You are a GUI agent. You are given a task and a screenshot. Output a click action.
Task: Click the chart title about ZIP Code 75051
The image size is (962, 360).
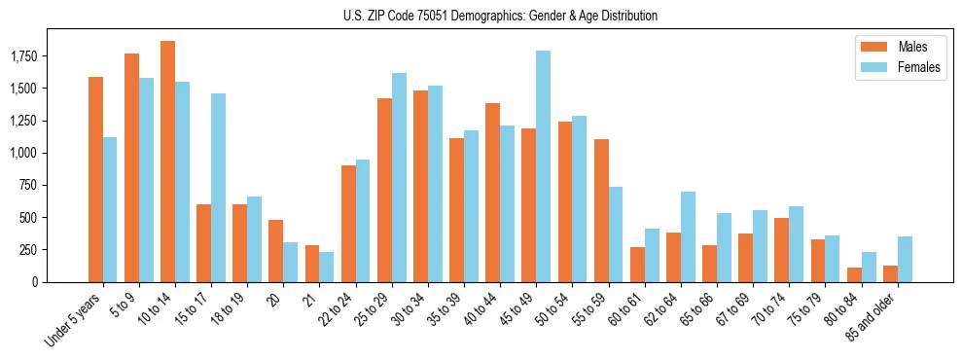pos(500,16)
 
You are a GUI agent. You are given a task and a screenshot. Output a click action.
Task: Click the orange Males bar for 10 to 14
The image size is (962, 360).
pos(167,162)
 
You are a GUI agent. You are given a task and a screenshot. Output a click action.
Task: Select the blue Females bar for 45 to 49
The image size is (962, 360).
pos(543,166)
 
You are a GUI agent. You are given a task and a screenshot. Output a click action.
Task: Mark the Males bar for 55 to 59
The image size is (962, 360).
pos(600,210)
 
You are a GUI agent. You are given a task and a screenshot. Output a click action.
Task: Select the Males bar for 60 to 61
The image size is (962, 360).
pos(637,264)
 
